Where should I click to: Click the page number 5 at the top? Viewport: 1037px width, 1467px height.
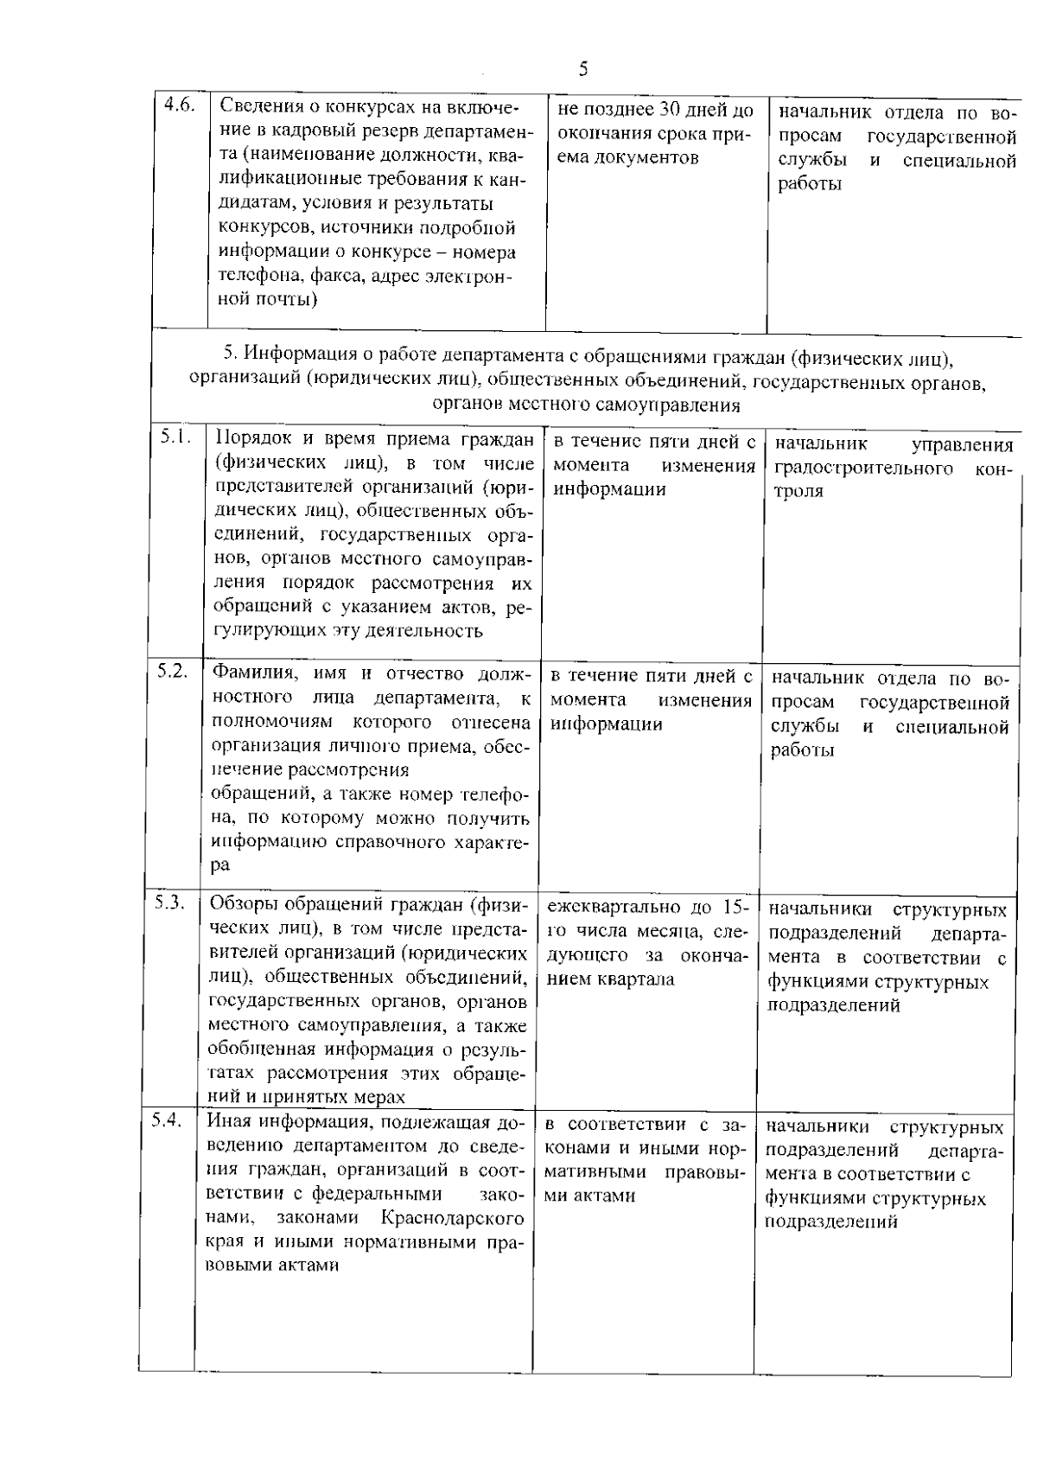point(584,69)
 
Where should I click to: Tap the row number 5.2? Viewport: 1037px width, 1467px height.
point(173,670)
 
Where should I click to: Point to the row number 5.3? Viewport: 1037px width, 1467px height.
point(171,902)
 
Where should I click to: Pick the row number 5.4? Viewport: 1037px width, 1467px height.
point(168,1119)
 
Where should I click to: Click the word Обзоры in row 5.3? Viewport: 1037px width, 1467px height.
point(241,905)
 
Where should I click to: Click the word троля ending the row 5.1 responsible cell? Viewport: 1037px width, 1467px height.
point(798,492)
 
